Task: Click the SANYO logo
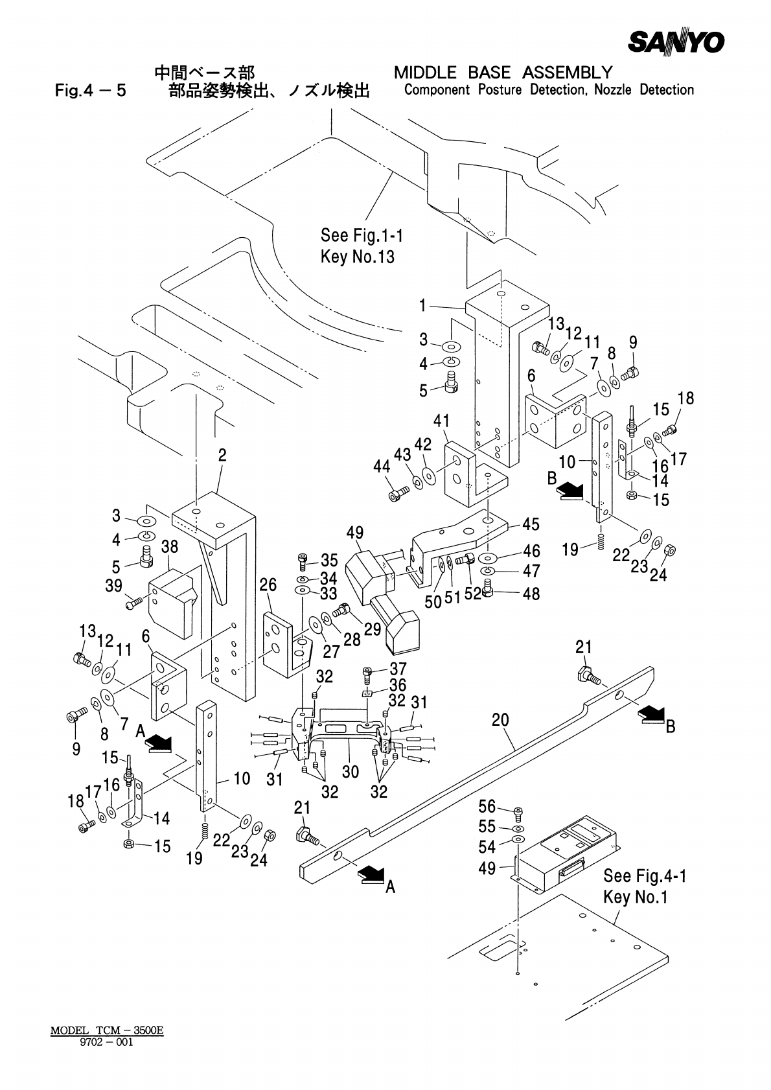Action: coord(676,42)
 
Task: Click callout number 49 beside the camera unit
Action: coord(354,533)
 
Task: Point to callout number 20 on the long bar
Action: coord(501,721)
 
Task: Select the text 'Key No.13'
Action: coord(357,257)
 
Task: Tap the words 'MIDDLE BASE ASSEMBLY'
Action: coord(503,72)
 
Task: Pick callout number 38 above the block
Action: coord(170,548)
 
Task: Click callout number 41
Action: coord(441,421)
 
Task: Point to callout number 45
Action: coord(531,523)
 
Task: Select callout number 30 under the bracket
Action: coord(350,771)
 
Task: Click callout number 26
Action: coord(268,585)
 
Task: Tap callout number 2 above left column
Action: coord(222,455)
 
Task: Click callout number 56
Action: coord(487,806)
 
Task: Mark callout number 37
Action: coord(398,669)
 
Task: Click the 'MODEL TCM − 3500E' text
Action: coord(107,1030)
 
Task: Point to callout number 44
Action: coord(382,466)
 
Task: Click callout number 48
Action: coord(531,593)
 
